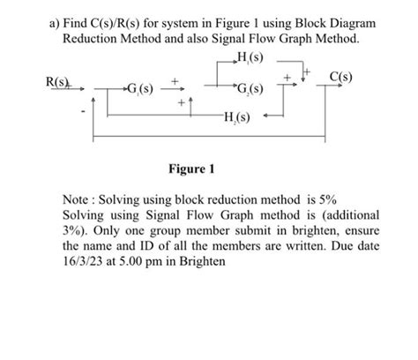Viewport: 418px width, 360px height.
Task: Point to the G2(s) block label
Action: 250,89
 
